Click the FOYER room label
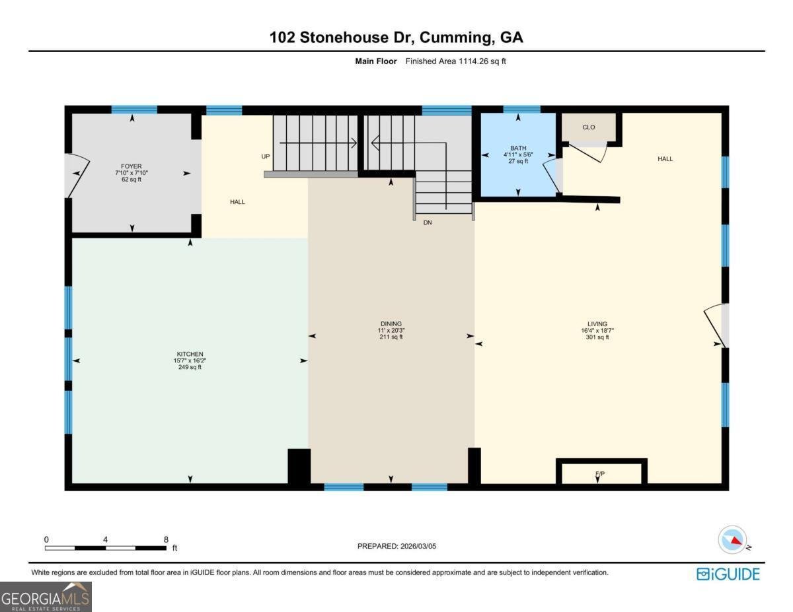click(131, 166)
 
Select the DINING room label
click(391, 323)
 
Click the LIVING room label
click(597, 324)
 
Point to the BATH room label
click(517, 148)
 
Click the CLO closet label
click(588, 127)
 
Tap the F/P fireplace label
click(599, 474)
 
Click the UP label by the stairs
click(266, 157)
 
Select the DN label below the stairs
click(428, 223)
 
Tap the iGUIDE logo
click(728, 574)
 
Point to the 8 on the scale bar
click(165, 539)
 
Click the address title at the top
click(397, 37)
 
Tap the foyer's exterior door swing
click(77, 174)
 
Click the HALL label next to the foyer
click(237, 202)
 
